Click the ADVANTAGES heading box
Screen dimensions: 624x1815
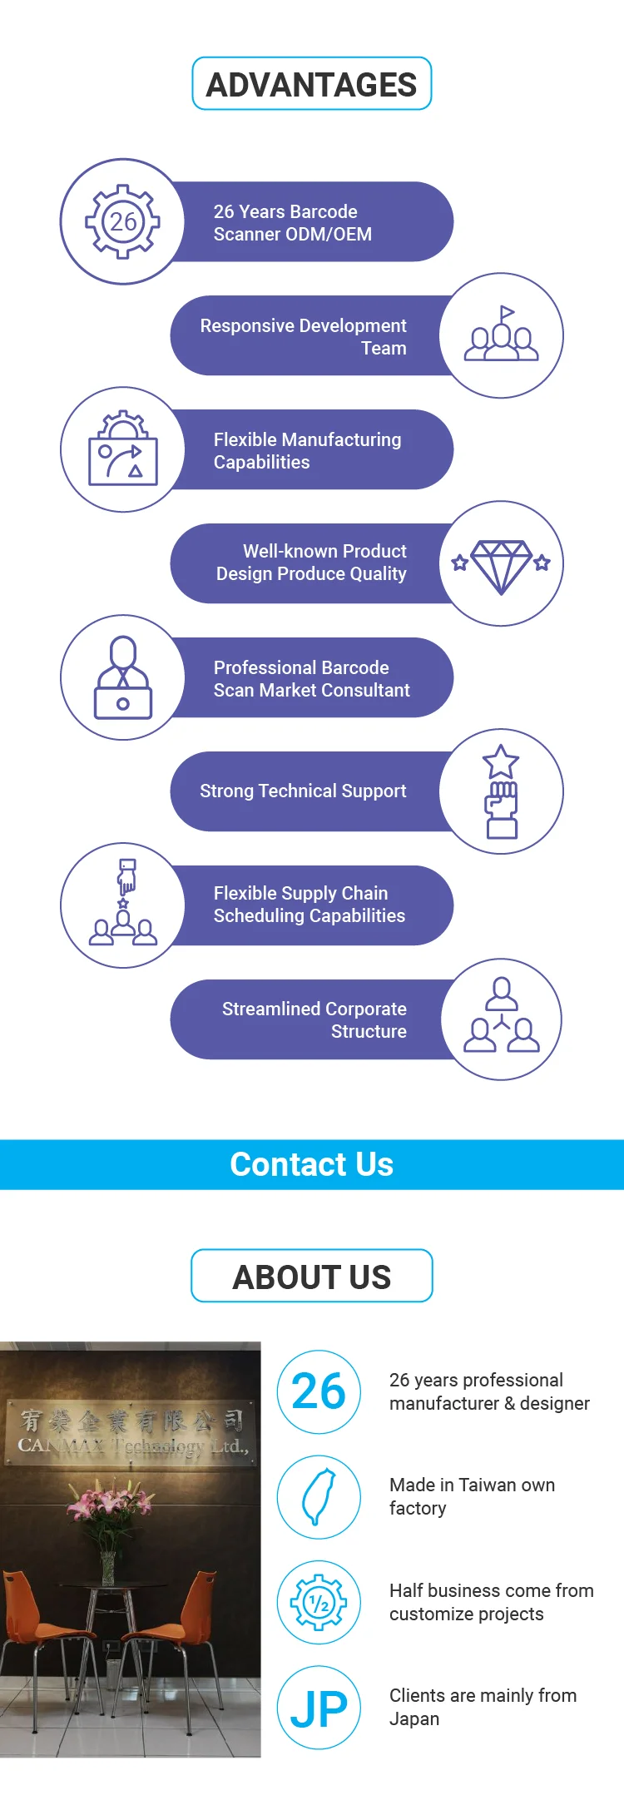point(312,84)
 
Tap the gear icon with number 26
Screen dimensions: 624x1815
point(123,221)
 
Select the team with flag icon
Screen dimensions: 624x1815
point(501,335)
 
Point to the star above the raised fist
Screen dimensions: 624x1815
point(501,761)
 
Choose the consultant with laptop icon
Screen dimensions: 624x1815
point(123,677)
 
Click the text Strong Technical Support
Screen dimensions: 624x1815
point(303,791)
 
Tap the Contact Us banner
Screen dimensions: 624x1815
point(312,1164)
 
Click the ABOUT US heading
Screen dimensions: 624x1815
point(312,1277)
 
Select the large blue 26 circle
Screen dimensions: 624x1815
point(319,1391)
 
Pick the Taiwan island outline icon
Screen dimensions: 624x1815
point(319,1497)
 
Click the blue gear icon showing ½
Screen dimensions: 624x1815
point(319,1602)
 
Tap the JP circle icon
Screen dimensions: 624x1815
point(319,1708)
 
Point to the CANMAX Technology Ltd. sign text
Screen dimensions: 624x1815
point(133,1446)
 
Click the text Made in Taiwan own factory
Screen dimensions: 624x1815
point(472,1496)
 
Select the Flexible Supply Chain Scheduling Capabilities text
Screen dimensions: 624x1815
point(309,905)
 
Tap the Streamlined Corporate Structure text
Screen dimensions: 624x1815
point(314,1019)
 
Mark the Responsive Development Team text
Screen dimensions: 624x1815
point(303,336)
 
